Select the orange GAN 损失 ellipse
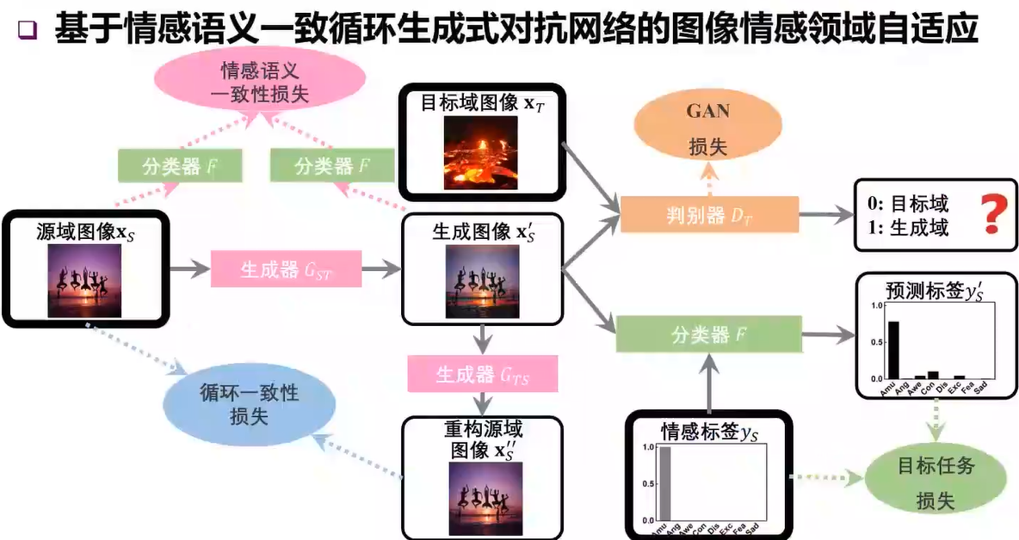707,128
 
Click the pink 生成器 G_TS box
483,375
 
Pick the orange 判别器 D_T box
710,214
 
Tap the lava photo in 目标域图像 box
480,153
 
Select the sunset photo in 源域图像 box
84,279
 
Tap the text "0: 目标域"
907,204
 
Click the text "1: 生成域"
907,228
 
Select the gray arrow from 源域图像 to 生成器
190,271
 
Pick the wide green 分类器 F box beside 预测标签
710,333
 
